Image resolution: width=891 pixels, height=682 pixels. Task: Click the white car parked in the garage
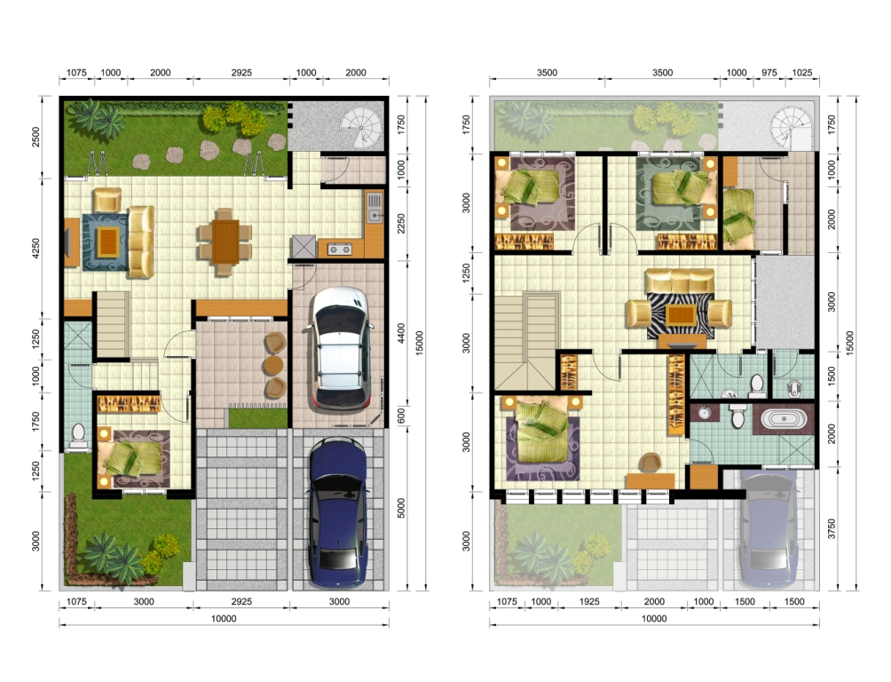point(339,348)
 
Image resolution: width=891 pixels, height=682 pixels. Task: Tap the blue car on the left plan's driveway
point(337,511)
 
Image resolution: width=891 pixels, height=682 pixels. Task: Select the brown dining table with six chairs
point(225,242)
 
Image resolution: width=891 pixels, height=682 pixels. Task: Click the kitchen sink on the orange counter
point(375,208)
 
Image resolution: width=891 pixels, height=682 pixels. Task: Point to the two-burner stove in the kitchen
point(339,249)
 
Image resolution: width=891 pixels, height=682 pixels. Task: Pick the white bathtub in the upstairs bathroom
point(784,419)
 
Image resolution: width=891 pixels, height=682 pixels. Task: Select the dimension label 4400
point(401,333)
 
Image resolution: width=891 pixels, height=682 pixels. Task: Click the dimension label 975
point(769,73)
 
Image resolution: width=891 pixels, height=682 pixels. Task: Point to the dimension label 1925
point(589,601)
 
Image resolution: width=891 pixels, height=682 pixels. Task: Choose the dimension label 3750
point(832,528)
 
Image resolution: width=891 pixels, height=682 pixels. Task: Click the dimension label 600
point(401,416)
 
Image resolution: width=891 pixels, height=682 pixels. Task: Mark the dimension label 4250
point(35,249)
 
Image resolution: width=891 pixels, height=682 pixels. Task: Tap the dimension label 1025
point(801,73)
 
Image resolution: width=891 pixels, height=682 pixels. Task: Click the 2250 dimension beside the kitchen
point(401,224)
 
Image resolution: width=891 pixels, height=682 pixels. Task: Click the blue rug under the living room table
point(106,242)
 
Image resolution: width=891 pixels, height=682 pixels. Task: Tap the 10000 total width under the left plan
point(224,619)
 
